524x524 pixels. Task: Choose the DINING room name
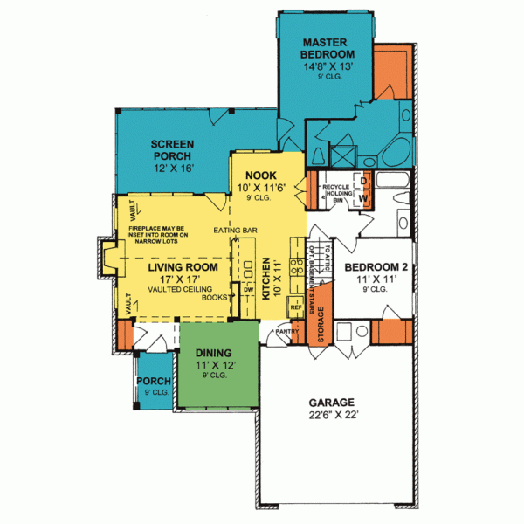click(x=208, y=355)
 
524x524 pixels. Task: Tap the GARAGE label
click(x=334, y=403)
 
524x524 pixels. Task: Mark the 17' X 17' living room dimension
click(x=179, y=279)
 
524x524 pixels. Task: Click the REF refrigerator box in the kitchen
click(x=295, y=308)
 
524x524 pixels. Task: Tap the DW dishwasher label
click(x=249, y=289)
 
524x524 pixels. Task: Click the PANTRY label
click(x=289, y=331)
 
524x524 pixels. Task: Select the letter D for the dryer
click(x=364, y=182)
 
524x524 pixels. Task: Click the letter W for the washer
click(x=364, y=199)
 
